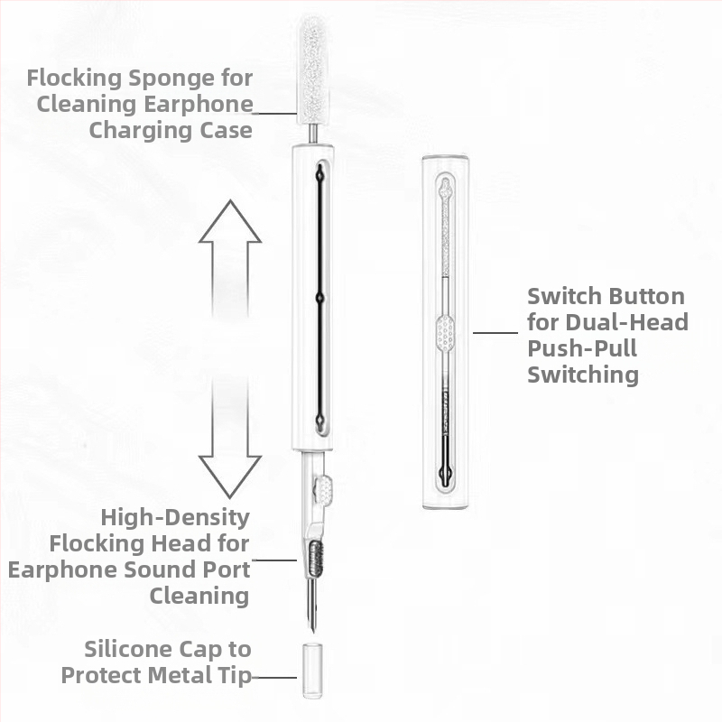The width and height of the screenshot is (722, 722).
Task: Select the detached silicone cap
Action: click(x=311, y=670)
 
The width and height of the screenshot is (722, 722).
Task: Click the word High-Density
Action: click(x=175, y=517)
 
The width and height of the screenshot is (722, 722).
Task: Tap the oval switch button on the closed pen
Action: click(x=446, y=333)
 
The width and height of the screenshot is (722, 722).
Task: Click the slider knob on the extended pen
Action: click(x=323, y=490)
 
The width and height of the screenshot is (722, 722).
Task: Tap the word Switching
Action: click(x=583, y=375)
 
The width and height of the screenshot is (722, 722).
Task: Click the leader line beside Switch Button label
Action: click(x=495, y=332)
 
